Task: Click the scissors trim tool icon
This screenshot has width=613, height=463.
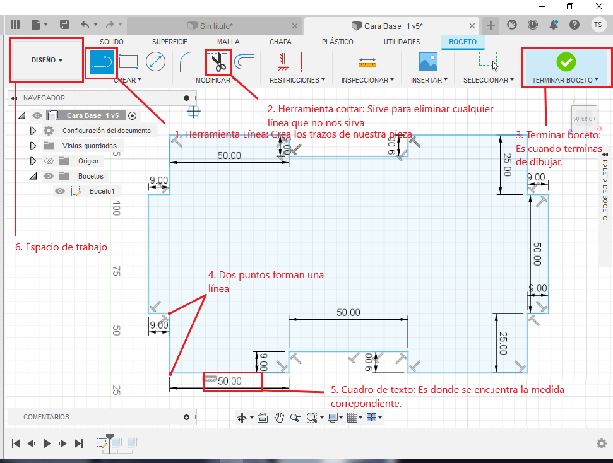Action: click(218, 62)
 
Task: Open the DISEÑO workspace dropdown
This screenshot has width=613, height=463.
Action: click(47, 60)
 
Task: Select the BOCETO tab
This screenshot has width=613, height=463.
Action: click(463, 42)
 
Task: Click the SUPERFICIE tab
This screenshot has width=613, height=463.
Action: click(170, 42)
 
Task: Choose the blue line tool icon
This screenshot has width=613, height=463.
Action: click(101, 62)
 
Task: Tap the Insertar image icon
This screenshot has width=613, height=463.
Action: click(428, 62)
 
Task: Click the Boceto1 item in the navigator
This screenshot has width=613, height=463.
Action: click(102, 191)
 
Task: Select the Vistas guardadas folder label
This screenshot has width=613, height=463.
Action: click(90, 146)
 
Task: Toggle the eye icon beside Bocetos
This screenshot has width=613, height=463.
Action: click(49, 176)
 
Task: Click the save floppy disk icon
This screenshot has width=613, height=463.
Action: click(64, 25)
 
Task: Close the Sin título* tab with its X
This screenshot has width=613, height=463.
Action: click(295, 26)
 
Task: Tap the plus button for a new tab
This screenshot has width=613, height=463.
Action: click(491, 26)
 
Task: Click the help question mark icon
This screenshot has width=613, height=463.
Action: click(574, 25)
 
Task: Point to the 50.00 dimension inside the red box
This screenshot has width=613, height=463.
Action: click(230, 381)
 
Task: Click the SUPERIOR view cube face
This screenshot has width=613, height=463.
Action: click(585, 119)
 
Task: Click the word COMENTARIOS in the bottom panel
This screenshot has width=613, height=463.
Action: click(46, 417)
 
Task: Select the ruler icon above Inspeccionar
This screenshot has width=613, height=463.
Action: click(367, 62)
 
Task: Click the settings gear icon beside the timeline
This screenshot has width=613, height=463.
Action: click(601, 443)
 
